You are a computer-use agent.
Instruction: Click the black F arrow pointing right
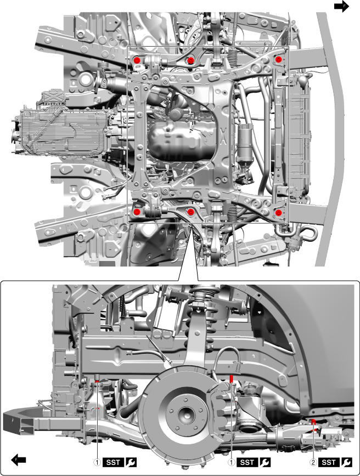pyautogui.click(x=341, y=6)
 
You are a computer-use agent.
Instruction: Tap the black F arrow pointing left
pyautogui.click(x=19, y=460)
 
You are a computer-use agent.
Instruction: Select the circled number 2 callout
pyautogui.click(x=313, y=462)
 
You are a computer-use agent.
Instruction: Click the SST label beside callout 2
pyautogui.click(x=329, y=462)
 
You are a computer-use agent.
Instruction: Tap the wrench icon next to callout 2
pyautogui.click(x=347, y=462)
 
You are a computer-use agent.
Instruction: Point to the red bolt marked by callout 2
pyautogui.click(x=313, y=421)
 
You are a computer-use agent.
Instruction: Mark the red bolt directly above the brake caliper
pyautogui.click(x=232, y=378)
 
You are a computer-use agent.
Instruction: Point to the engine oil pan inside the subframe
pyautogui.click(x=181, y=142)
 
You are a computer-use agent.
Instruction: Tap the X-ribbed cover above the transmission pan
pyautogui.click(x=51, y=98)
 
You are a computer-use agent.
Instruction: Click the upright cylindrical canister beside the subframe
pyautogui.click(x=245, y=143)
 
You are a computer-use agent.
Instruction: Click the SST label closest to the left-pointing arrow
pyautogui.click(x=113, y=462)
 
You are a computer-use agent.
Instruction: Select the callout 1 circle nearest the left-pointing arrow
pyautogui.click(x=97, y=462)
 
